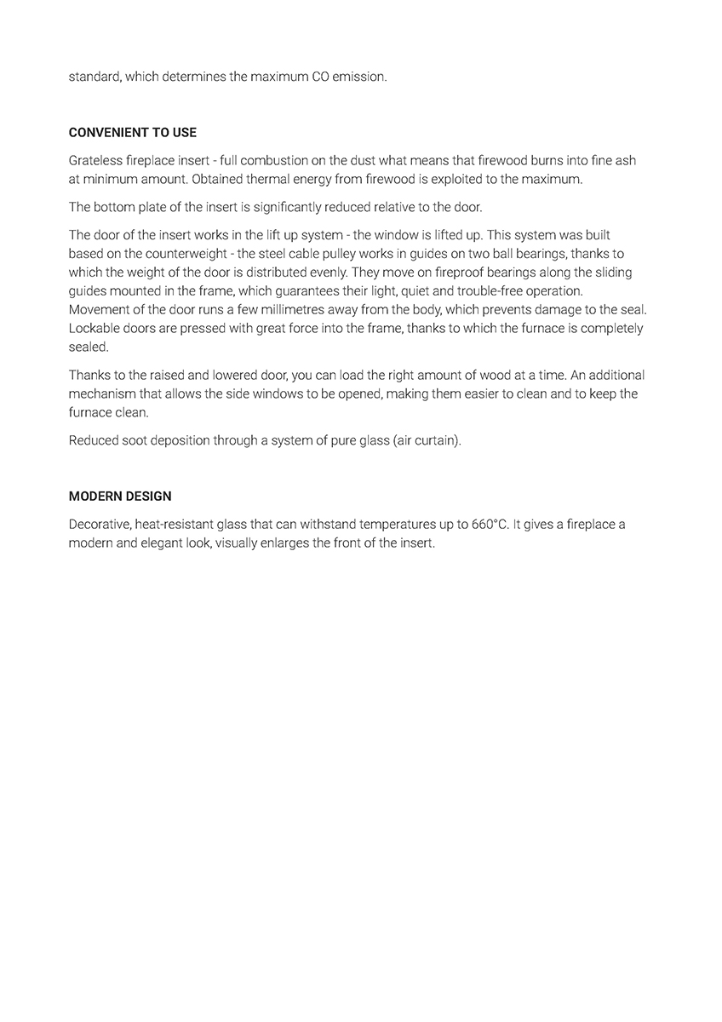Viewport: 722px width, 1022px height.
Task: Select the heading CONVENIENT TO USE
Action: (x=132, y=133)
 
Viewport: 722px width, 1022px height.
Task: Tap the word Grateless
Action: (x=95, y=160)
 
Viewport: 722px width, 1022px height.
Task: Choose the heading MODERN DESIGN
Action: (x=120, y=497)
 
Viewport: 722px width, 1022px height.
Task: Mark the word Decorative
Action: (x=98, y=524)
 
